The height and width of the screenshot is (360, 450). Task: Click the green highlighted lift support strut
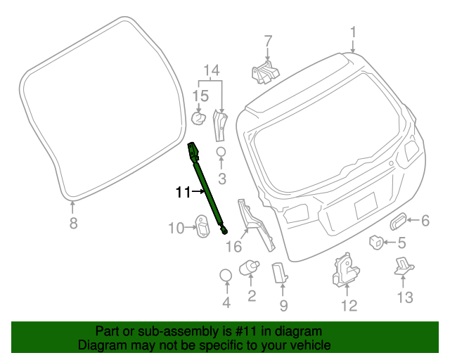(x=207, y=188)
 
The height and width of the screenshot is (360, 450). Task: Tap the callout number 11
(x=183, y=192)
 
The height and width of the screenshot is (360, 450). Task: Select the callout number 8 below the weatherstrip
(x=72, y=224)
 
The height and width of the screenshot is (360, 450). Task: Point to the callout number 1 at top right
(x=353, y=32)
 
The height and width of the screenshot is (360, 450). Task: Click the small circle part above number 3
(x=220, y=153)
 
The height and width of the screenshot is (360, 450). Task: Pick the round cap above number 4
(x=226, y=274)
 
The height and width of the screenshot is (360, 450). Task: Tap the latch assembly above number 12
(x=345, y=269)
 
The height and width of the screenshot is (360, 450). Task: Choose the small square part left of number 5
(x=376, y=243)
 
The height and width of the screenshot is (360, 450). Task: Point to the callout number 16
(x=233, y=246)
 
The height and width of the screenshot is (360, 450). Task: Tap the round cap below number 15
(x=199, y=117)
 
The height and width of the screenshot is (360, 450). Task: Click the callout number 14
(x=212, y=70)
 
